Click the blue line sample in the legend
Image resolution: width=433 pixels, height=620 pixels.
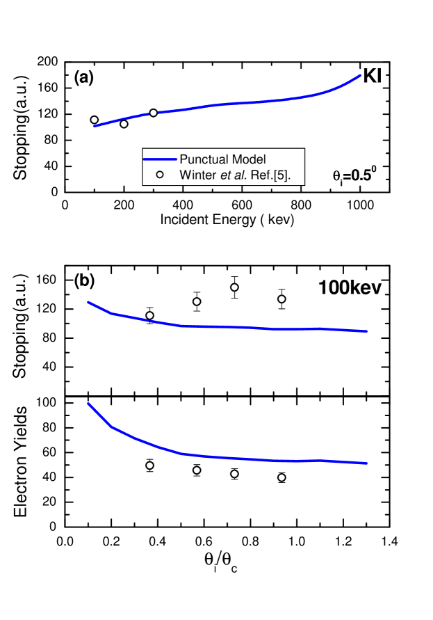(159, 159)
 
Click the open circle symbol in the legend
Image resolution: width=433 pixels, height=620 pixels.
(160, 175)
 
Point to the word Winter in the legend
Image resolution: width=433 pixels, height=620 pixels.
(197, 175)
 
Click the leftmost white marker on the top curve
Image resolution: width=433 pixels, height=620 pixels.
(95, 120)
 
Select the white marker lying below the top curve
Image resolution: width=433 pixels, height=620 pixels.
(124, 124)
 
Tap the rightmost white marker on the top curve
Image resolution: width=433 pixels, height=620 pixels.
(153, 113)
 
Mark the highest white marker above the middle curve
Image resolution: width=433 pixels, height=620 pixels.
(234, 287)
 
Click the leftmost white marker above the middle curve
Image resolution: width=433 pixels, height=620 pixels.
(149, 315)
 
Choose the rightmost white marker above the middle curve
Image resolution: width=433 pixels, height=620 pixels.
(281, 299)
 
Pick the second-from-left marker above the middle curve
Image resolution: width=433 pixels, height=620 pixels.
(197, 301)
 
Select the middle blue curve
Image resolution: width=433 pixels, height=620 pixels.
(243, 327)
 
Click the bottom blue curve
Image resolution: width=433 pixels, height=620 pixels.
(243, 459)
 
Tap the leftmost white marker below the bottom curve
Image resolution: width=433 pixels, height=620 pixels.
(149, 465)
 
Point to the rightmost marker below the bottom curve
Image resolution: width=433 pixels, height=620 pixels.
(281, 477)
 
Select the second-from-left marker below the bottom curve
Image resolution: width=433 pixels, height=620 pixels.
(197, 470)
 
